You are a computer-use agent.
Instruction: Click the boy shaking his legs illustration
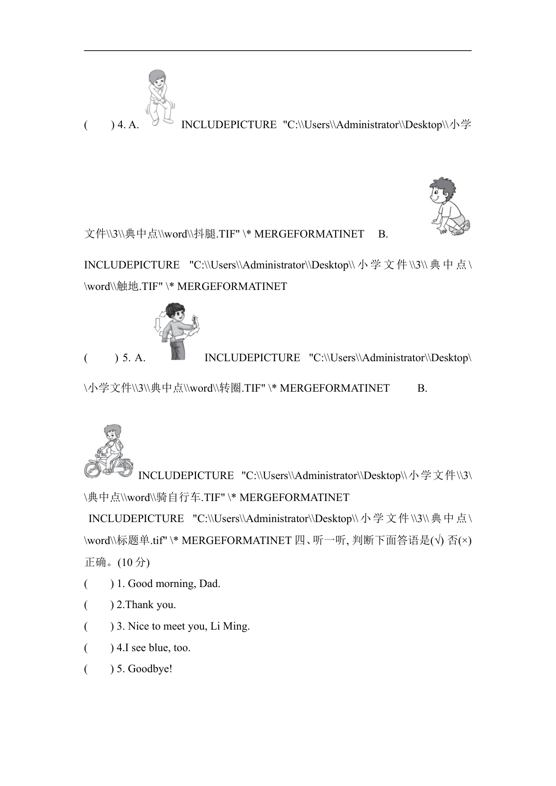159,97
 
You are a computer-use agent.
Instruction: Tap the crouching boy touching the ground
450,206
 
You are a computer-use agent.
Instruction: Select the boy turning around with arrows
177,331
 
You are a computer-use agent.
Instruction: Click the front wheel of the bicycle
94,469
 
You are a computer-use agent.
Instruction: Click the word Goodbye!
150,669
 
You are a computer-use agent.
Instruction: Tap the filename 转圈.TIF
242,388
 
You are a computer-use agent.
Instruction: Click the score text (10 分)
134,562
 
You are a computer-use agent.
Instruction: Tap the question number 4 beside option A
121,125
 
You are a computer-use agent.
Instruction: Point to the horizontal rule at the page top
278,51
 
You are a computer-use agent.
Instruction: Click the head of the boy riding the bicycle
112,433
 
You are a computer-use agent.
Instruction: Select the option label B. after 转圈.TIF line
422,388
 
